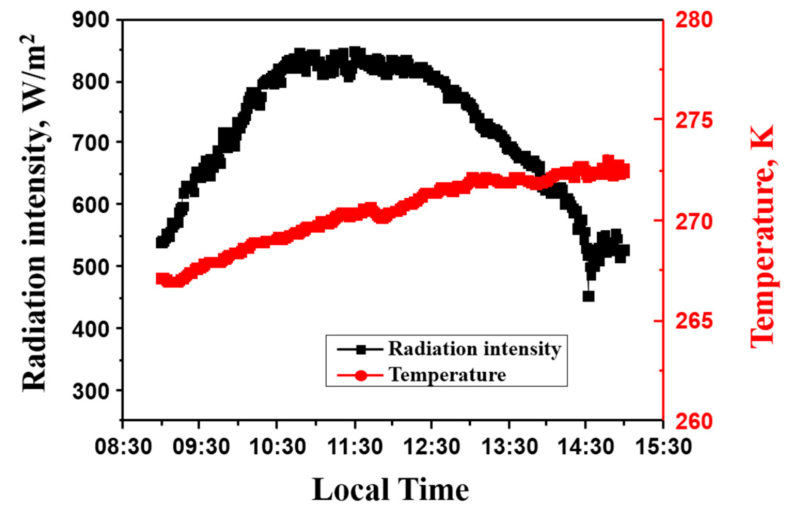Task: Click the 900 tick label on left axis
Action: [x=91, y=19]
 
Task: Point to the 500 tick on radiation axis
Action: [x=91, y=266]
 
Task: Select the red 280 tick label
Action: [x=694, y=19]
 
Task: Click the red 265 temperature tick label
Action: [x=694, y=321]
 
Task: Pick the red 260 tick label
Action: [x=694, y=421]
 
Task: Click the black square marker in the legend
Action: [x=361, y=349]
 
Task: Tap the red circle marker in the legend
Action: [x=361, y=375]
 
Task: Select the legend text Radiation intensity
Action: [x=474, y=349]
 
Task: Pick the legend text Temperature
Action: [x=447, y=375]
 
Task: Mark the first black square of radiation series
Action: [x=161, y=242]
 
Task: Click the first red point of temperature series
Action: [x=161, y=279]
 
